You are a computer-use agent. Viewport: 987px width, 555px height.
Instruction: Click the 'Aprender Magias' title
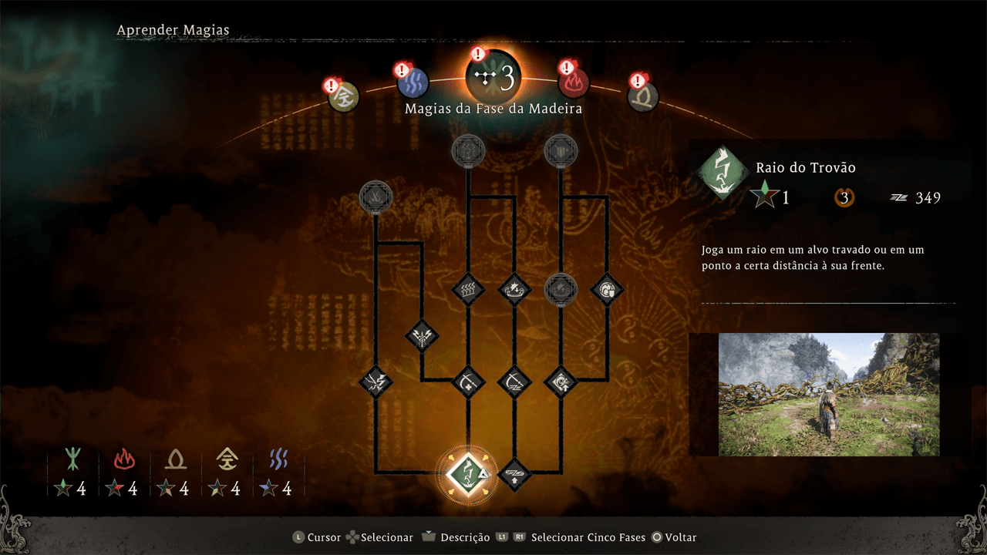tap(173, 30)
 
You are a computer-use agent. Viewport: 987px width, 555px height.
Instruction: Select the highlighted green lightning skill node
tap(468, 474)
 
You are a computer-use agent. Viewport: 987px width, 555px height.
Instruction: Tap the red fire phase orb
tap(573, 82)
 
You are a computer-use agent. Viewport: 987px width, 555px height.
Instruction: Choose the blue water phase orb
tap(413, 82)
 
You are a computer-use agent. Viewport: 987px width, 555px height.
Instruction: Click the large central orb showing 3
tap(494, 78)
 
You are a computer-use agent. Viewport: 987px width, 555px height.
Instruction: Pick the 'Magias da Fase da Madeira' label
tap(493, 109)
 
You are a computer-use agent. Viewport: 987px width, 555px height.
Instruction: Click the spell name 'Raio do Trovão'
tap(806, 167)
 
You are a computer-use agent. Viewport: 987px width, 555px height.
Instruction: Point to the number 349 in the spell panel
tap(928, 198)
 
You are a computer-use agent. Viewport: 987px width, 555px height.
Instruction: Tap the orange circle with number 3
tap(844, 198)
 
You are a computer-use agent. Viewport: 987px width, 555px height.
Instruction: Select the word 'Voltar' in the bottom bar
tap(681, 537)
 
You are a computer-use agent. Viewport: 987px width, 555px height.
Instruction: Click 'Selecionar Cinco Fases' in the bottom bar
tap(588, 537)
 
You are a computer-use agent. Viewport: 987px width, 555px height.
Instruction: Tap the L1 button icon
tap(502, 537)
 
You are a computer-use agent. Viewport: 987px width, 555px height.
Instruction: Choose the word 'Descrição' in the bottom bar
tap(465, 537)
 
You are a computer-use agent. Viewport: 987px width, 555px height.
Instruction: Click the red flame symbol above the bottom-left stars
tap(124, 459)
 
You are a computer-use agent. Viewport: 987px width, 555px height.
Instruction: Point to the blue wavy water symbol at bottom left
tap(278, 459)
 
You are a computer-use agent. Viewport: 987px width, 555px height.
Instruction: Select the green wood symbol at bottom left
tap(72, 459)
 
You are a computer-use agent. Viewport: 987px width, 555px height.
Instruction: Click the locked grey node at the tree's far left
tap(376, 197)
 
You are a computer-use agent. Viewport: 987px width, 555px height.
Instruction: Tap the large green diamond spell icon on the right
tap(723, 172)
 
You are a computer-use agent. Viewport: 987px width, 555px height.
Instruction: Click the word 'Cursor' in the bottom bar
tap(325, 537)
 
